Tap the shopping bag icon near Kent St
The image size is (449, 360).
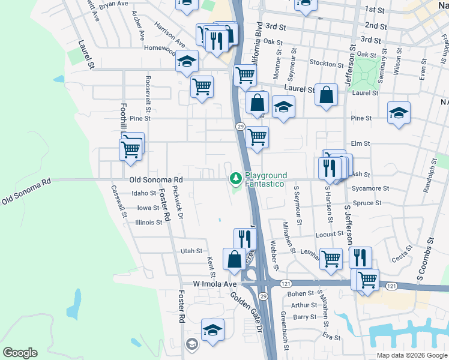(234, 259)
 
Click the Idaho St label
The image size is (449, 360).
(144, 193)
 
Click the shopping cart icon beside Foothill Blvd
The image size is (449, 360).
(131, 150)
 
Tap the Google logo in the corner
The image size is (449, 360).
(20, 353)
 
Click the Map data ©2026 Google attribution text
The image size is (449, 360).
(412, 355)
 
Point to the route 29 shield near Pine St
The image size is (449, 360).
(239, 126)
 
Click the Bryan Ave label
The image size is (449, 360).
(114, 4)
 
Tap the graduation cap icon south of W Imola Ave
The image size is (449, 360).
(212, 330)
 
